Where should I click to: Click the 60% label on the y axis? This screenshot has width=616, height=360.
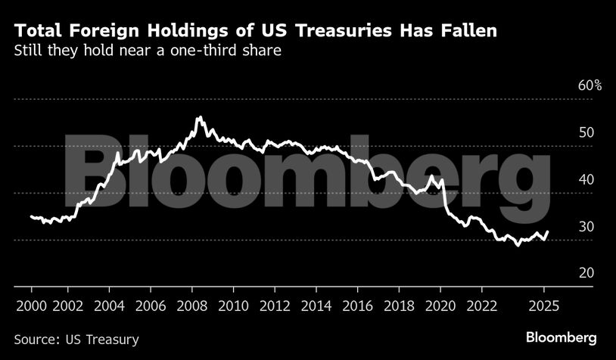[x=590, y=85]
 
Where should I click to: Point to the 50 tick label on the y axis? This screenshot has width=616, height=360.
[x=586, y=133]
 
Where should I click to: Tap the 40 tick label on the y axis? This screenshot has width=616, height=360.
[x=586, y=180]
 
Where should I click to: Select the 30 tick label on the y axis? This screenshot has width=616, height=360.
[x=586, y=227]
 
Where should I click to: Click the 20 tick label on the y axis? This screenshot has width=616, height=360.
[x=586, y=274]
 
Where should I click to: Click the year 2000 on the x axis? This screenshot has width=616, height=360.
[x=31, y=306]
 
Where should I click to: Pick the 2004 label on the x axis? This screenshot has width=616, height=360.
[x=108, y=306]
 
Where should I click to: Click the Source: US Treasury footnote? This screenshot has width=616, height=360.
[x=76, y=339]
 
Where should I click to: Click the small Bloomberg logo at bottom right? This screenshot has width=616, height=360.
[x=562, y=337]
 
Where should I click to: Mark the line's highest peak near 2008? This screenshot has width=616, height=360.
[x=199, y=117]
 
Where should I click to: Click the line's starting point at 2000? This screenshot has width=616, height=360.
[x=31, y=216]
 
